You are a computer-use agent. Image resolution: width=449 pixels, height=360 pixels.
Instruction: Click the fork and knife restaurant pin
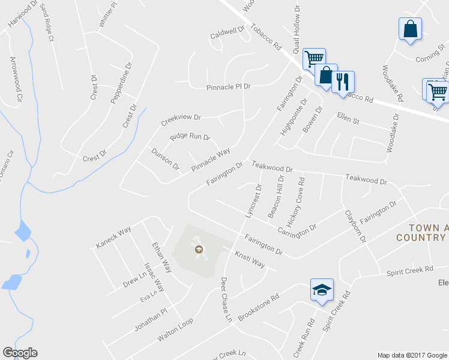click(343, 82)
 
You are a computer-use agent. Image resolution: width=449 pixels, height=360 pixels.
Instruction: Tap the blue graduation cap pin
click(322, 290)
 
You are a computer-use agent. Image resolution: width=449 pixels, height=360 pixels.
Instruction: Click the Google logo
click(20, 353)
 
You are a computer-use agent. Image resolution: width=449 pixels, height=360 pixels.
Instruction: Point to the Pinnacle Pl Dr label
click(228, 87)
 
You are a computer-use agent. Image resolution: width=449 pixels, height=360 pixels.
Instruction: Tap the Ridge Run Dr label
click(190, 137)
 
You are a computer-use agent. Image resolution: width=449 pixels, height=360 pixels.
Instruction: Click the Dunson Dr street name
click(165, 158)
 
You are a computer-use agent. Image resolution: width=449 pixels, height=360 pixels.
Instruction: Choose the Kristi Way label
click(249, 260)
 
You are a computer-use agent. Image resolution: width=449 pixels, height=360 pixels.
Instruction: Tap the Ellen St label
click(348, 118)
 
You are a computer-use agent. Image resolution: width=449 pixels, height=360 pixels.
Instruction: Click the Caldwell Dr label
click(228, 32)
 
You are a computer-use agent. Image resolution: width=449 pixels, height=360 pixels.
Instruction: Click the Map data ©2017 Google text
click(411, 355)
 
